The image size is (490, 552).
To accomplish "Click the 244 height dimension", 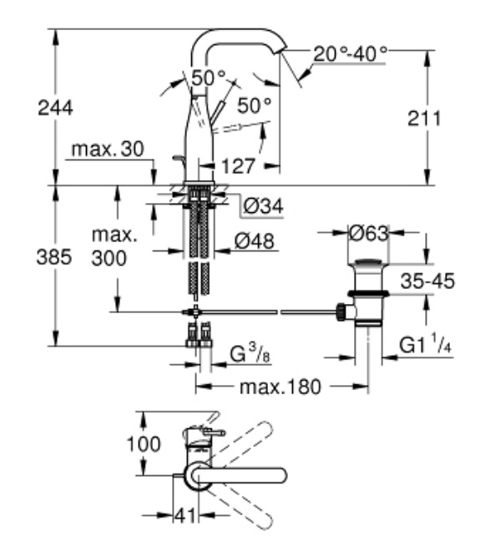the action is point(55,108).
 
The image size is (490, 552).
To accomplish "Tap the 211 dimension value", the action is point(424,119).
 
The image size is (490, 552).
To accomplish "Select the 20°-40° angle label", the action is point(351,54).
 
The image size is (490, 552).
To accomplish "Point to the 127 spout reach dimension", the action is point(238,166).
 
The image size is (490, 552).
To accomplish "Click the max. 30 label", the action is point(108,149).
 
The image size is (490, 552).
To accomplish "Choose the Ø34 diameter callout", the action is point(263,206).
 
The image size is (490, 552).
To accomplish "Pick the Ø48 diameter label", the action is point(254,241).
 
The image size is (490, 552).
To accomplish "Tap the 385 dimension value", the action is point(54,256).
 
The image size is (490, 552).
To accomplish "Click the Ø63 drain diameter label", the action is point(369,233).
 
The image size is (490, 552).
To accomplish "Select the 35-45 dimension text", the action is point(427,281).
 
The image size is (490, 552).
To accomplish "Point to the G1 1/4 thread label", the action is point(425,345).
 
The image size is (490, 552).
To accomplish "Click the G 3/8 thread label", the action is point(250,354).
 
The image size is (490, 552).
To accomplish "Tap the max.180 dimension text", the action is point(280,387).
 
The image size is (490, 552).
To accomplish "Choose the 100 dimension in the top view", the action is point(144,444).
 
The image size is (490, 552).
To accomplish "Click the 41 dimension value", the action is point(184,516).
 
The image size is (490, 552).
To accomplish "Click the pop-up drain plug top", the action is point(368,262).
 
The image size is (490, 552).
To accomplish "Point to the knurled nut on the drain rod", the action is point(341,311).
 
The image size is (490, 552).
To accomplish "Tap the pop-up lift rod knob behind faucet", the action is point(178,159).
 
